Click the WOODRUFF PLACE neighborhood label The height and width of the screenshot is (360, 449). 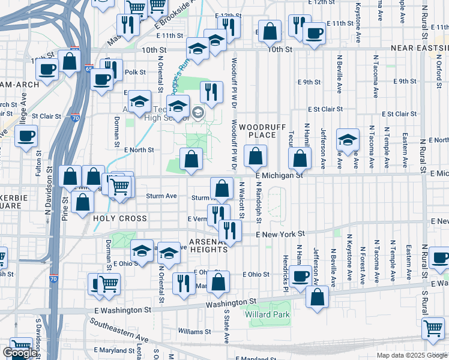pyautogui.click(x=257, y=131)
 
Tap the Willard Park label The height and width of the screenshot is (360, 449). pyautogui.click(x=267, y=314)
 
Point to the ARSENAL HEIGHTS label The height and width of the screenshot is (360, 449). pyautogui.click(x=208, y=246)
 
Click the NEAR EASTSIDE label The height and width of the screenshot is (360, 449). pyautogui.click(x=419, y=47)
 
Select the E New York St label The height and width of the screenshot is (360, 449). pyautogui.click(x=281, y=233)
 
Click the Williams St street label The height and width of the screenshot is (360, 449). pyautogui.click(x=194, y=331)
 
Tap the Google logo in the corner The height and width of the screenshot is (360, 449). pyautogui.click(x=20, y=353)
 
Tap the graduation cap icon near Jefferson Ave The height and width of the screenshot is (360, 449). pyautogui.click(x=348, y=140)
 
